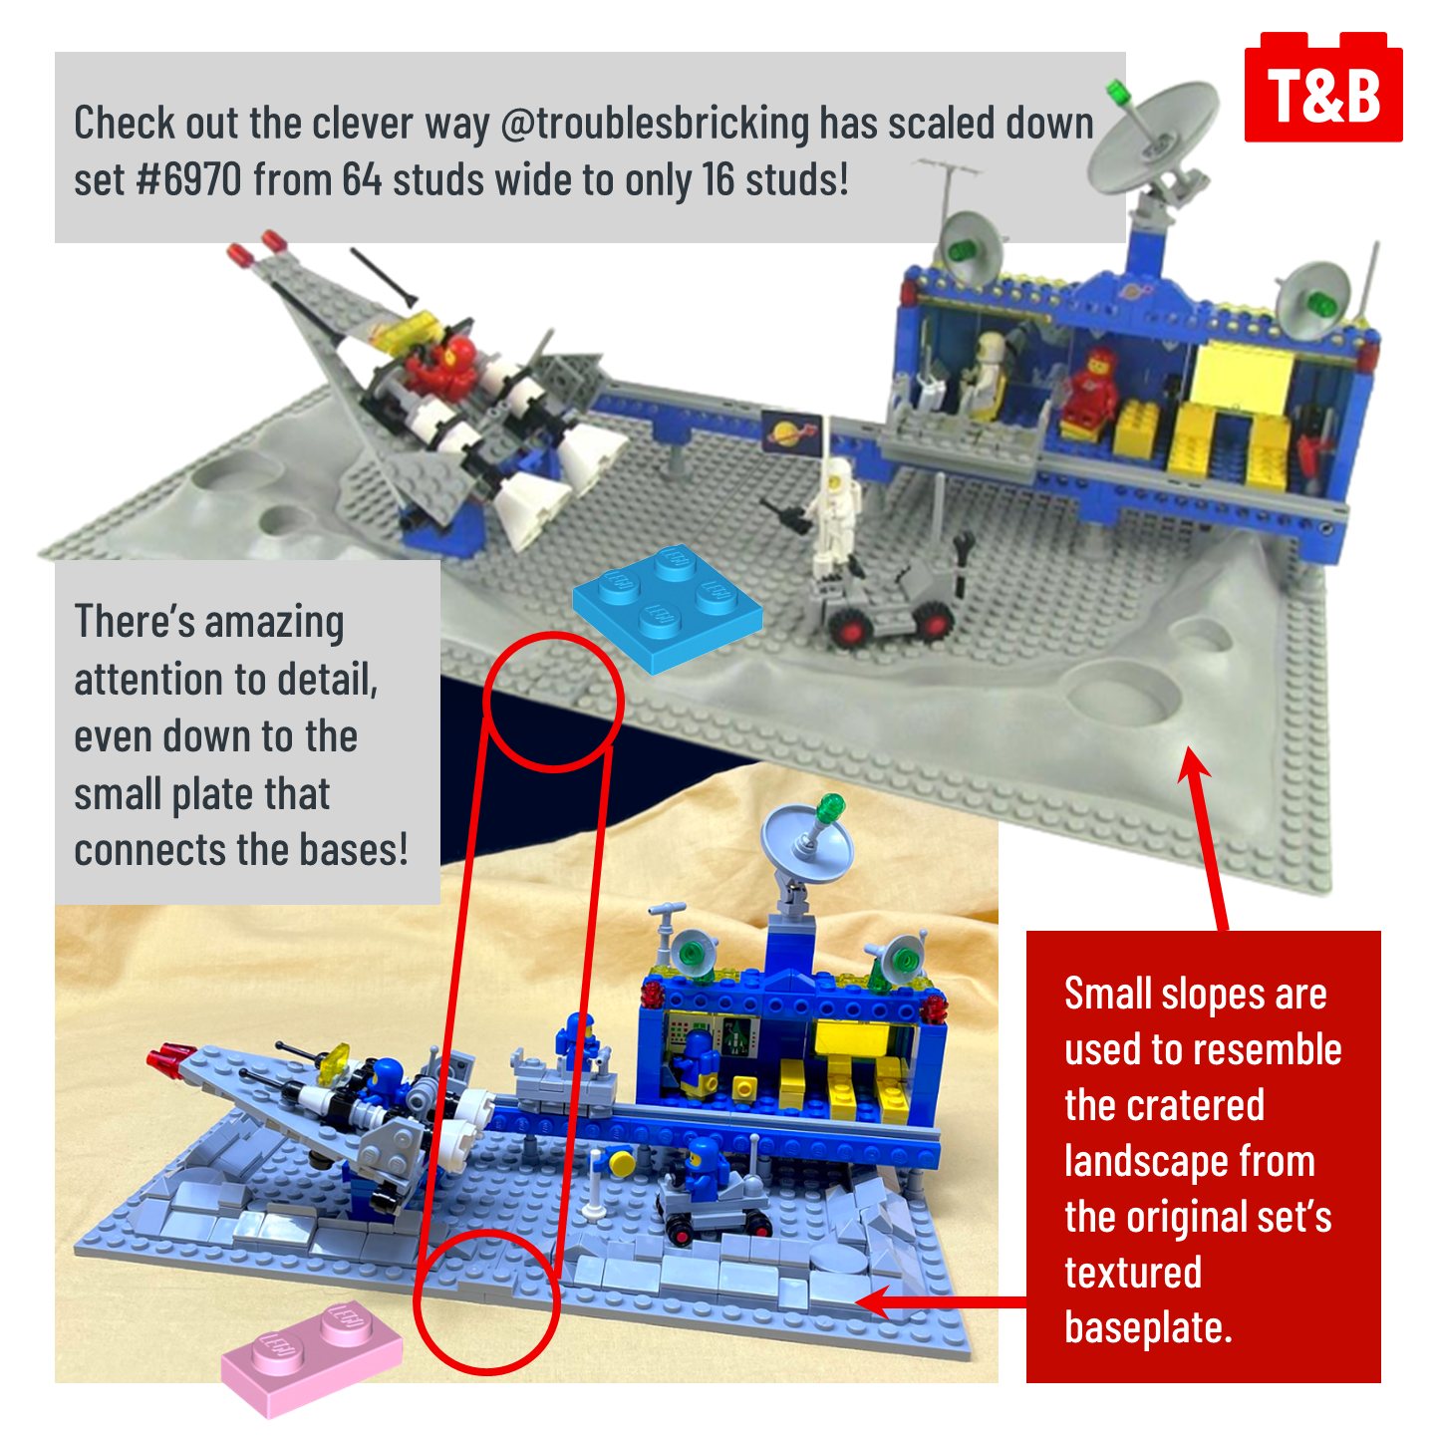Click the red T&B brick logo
pyautogui.click(x=1323, y=88)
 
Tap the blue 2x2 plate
pyautogui.click(x=667, y=610)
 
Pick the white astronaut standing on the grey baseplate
pyautogui.click(x=835, y=517)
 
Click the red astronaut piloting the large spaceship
pyautogui.click(x=440, y=366)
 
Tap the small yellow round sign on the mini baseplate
pyautogui.click(x=620, y=1160)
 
